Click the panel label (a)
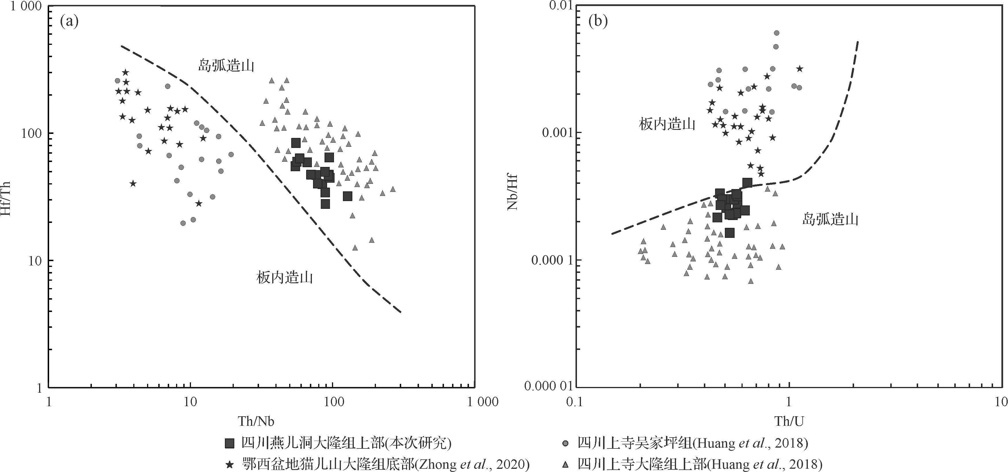pyautogui.click(x=69, y=22)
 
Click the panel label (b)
pyautogui.click(x=598, y=22)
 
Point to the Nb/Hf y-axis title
pyautogui.click(x=513, y=192)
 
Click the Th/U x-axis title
pyautogui.click(x=789, y=421)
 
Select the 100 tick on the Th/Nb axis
pyautogui.click(x=333, y=402)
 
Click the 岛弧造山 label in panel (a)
pyautogui.click(x=226, y=65)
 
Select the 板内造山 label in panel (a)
pyautogui.click(x=285, y=278)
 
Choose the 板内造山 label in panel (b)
pyautogui.click(x=667, y=124)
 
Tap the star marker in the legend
pyautogui.click(x=230, y=465)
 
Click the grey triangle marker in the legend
pyautogui.click(x=565, y=465)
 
